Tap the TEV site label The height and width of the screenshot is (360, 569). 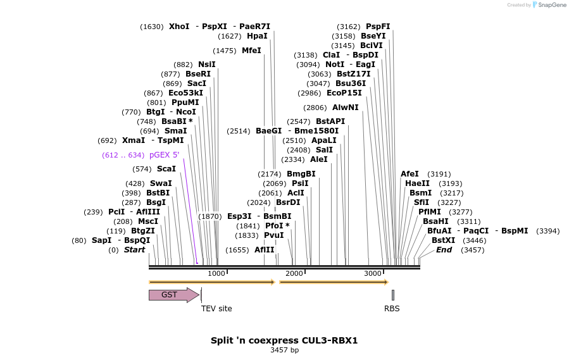pos(216,309)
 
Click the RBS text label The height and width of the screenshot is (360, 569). pos(392,309)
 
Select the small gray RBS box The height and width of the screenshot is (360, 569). pos(392,295)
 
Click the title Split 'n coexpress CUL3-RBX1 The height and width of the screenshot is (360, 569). pos(284,340)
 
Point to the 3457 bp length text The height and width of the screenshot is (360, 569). pos(284,350)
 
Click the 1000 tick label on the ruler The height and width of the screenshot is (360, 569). pos(216,273)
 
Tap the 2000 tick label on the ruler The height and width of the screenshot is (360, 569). pos(294,273)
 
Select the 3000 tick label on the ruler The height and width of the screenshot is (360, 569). pos(373,273)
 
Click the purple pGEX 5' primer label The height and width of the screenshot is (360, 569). pos(164,155)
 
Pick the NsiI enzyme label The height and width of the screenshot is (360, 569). pos(206,65)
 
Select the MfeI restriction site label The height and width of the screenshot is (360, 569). pos(251,51)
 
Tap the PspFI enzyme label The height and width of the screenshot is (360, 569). pos(378,27)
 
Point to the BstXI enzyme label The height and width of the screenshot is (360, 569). pos(443,240)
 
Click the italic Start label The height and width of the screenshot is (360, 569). pos(134,250)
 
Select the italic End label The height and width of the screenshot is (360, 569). pos(444,250)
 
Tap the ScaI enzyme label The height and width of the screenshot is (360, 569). pos(166,169)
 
